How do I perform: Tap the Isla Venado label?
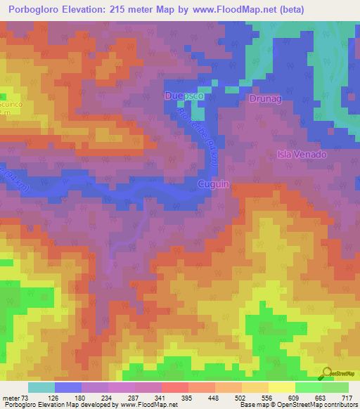tap(301, 155)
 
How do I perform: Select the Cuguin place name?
tap(214, 184)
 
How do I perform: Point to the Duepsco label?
tap(184, 95)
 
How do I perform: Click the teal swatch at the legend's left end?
tap(41, 387)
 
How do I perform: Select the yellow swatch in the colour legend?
tap(281, 387)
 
